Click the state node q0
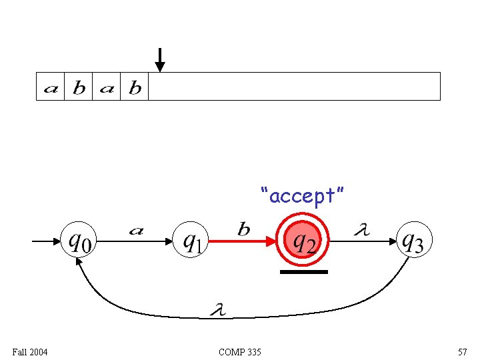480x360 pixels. pyautogui.click(x=79, y=240)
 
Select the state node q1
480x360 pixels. pyautogui.click(x=191, y=240)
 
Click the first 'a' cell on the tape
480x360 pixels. pyautogui.click(x=50, y=87)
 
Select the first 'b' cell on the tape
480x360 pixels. pyautogui.click(x=79, y=87)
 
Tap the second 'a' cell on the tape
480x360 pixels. pyautogui.click(x=107, y=87)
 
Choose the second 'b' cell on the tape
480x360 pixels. pyautogui.click(x=135, y=87)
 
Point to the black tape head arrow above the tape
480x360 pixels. pyautogui.click(x=159, y=60)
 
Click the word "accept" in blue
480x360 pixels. pyautogui.click(x=303, y=196)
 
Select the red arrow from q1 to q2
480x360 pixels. pyautogui.click(x=241, y=241)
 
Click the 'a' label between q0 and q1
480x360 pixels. pyautogui.click(x=136, y=231)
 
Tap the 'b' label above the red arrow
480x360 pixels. pyautogui.click(x=244, y=229)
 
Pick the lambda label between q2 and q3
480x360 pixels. pyautogui.click(x=361, y=230)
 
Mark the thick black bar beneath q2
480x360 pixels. pyautogui.click(x=304, y=272)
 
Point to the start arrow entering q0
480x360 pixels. pyautogui.click(x=47, y=241)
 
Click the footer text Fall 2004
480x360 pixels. pyautogui.click(x=29, y=351)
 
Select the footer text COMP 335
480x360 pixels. pyautogui.click(x=239, y=351)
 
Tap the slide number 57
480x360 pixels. pyautogui.click(x=462, y=351)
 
